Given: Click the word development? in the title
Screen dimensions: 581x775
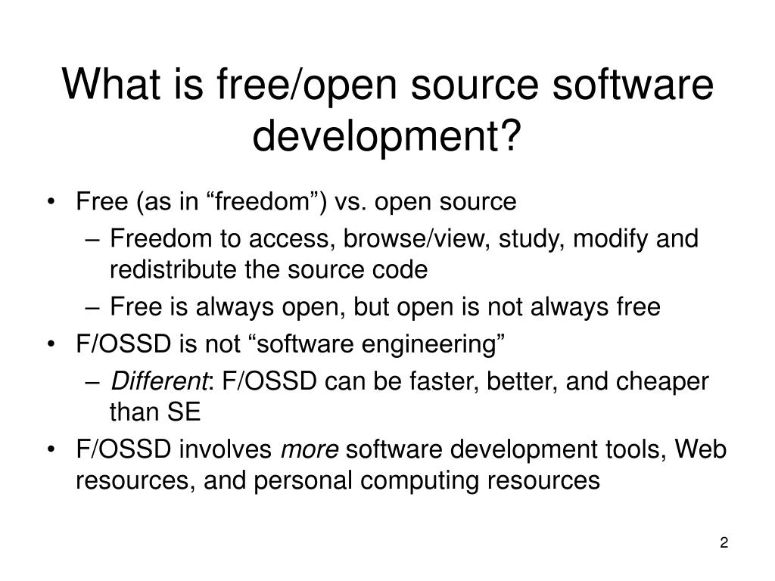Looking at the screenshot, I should coord(387,135).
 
